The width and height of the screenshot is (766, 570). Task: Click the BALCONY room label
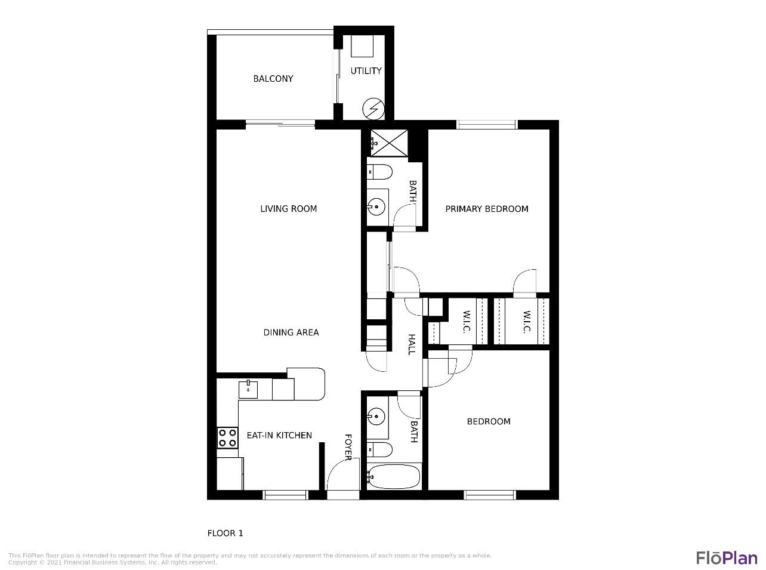pyautogui.click(x=273, y=79)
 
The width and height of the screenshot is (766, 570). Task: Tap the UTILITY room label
pyautogui.click(x=366, y=71)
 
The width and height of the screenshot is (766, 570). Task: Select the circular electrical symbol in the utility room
pyautogui.click(x=373, y=109)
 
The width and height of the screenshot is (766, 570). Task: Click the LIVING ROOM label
pyautogui.click(x=288, y=209)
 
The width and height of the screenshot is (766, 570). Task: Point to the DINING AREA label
pyautogui.click(x=291, y=332)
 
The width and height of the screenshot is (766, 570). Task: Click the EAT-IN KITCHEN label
pyautogui.click(x=279, y=436)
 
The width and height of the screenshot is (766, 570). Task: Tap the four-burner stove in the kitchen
pyautogui.click(x=227, y=438)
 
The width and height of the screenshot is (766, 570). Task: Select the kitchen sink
pyautogui.click(x=248, y=389)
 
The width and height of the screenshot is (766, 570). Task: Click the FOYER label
pyautogui.click(x=348, y=447)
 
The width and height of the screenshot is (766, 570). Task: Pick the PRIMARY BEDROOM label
pyautogui.click(x=487, y=209)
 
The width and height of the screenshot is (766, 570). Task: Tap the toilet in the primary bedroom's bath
pyautogui.click(x=379, y=172)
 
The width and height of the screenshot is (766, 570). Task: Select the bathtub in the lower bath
pyautogui.click(x=393, y=477)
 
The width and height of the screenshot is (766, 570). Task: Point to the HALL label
pyautogui.click(x=411, y=344)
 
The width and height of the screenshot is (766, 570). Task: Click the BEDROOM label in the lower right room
pyautogui.click(x=488, y=421)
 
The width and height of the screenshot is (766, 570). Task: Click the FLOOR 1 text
pyautogui.click(x=225, y=534)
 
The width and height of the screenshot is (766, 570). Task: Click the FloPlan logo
pyautogui.click(x=727, y=558)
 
